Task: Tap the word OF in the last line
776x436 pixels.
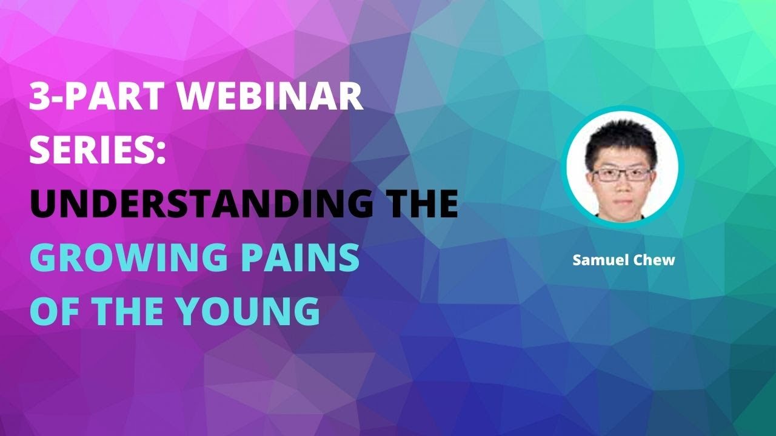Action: pyautogui.click(x=55, y=311)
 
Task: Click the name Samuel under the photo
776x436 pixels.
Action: pyautogui.click(x=597, y=260)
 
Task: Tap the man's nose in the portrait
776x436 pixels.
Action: pyautogui.click(x=621, y=185)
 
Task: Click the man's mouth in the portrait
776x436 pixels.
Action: pyautogui.click(x=621, y=198)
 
